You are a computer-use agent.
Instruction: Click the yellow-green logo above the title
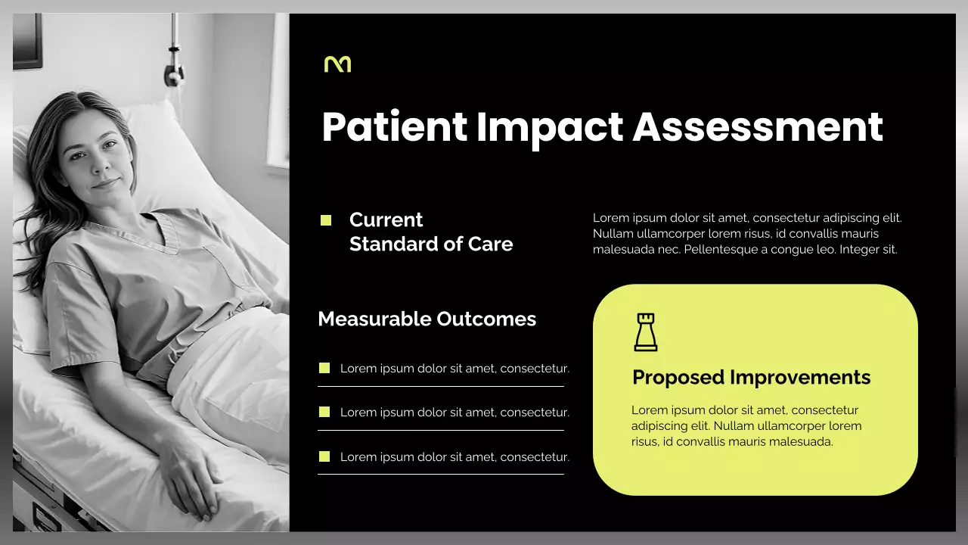[x=337, y=64]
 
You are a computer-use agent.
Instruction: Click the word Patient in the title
[x=394, y=127]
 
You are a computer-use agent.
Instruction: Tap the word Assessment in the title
[x=758, y=127]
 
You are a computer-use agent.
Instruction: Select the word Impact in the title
[x=550, y=127]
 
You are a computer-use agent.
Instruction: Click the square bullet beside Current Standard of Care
[x=326, y=220]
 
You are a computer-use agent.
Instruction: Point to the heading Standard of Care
[x=431, y=244]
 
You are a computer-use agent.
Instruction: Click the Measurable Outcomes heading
[x=427, y=319]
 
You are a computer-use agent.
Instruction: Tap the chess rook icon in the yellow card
[x=645, y=332]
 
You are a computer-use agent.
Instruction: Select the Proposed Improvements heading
[x=751, y=377]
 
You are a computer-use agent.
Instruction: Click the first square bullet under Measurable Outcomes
[x=324, y=368]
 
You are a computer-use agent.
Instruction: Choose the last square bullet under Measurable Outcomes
[x=324, y=456]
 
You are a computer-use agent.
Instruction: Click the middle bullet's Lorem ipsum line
[x=455, y=413]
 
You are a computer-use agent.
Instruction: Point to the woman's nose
[x=105, y=164]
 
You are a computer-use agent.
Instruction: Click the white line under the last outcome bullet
[x=440, y=474]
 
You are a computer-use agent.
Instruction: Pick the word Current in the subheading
[x=386, y=220]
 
